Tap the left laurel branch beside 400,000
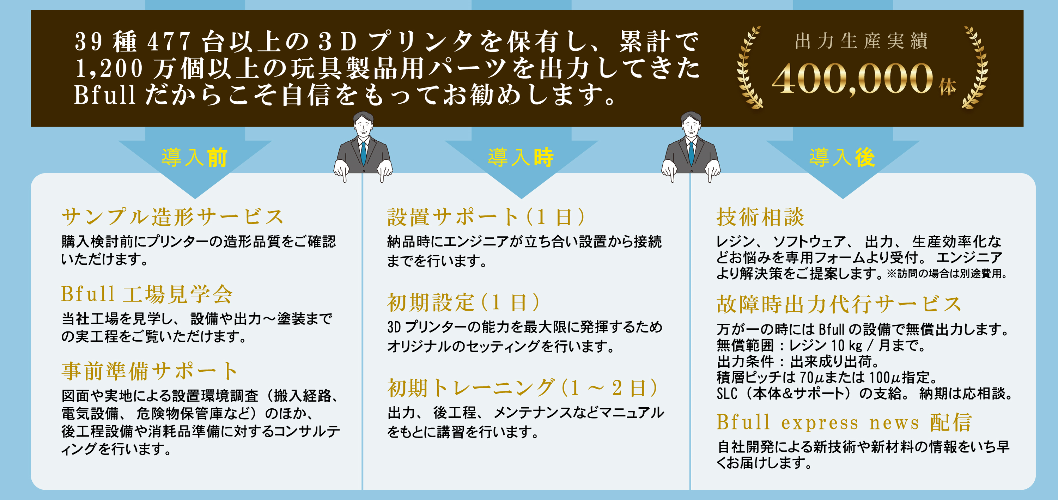click(748, 68)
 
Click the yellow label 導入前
click(194, 158)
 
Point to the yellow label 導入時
click(521, 158)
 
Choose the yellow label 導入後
click(842, 158)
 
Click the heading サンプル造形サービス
click(172, 217)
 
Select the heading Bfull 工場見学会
click(147, 294)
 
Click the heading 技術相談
click(760, 217)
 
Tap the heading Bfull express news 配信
click(844, 422)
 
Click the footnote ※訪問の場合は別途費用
click(946, 274)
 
